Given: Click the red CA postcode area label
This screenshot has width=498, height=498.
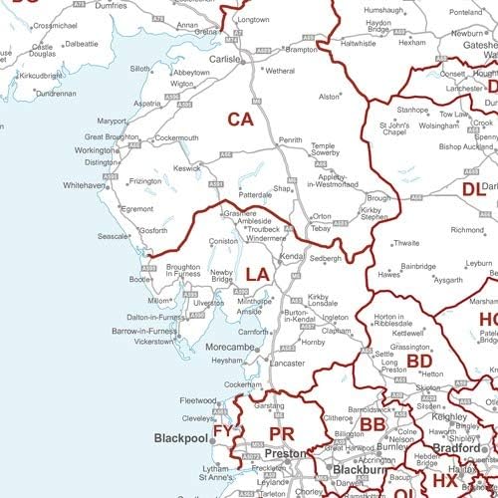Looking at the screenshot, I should pos(240,120).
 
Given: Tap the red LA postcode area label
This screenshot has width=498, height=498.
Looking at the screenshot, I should pos(257,274).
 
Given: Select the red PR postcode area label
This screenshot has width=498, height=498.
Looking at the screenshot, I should pos(281,434).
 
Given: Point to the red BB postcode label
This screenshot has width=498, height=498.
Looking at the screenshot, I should pos(373,426).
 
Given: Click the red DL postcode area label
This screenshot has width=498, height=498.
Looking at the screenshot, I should pos(472,188).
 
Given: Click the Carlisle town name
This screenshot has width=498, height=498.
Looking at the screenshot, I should pos(224,59).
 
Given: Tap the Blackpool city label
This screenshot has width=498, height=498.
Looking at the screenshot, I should pos(180,438).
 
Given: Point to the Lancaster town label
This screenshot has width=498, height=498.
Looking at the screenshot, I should pos(287,365).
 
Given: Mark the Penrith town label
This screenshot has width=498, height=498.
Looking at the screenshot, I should pos(290,140).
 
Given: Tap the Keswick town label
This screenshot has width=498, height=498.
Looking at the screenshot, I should pos(187,168).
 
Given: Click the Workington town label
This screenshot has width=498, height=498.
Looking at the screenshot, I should pos(95,150).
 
